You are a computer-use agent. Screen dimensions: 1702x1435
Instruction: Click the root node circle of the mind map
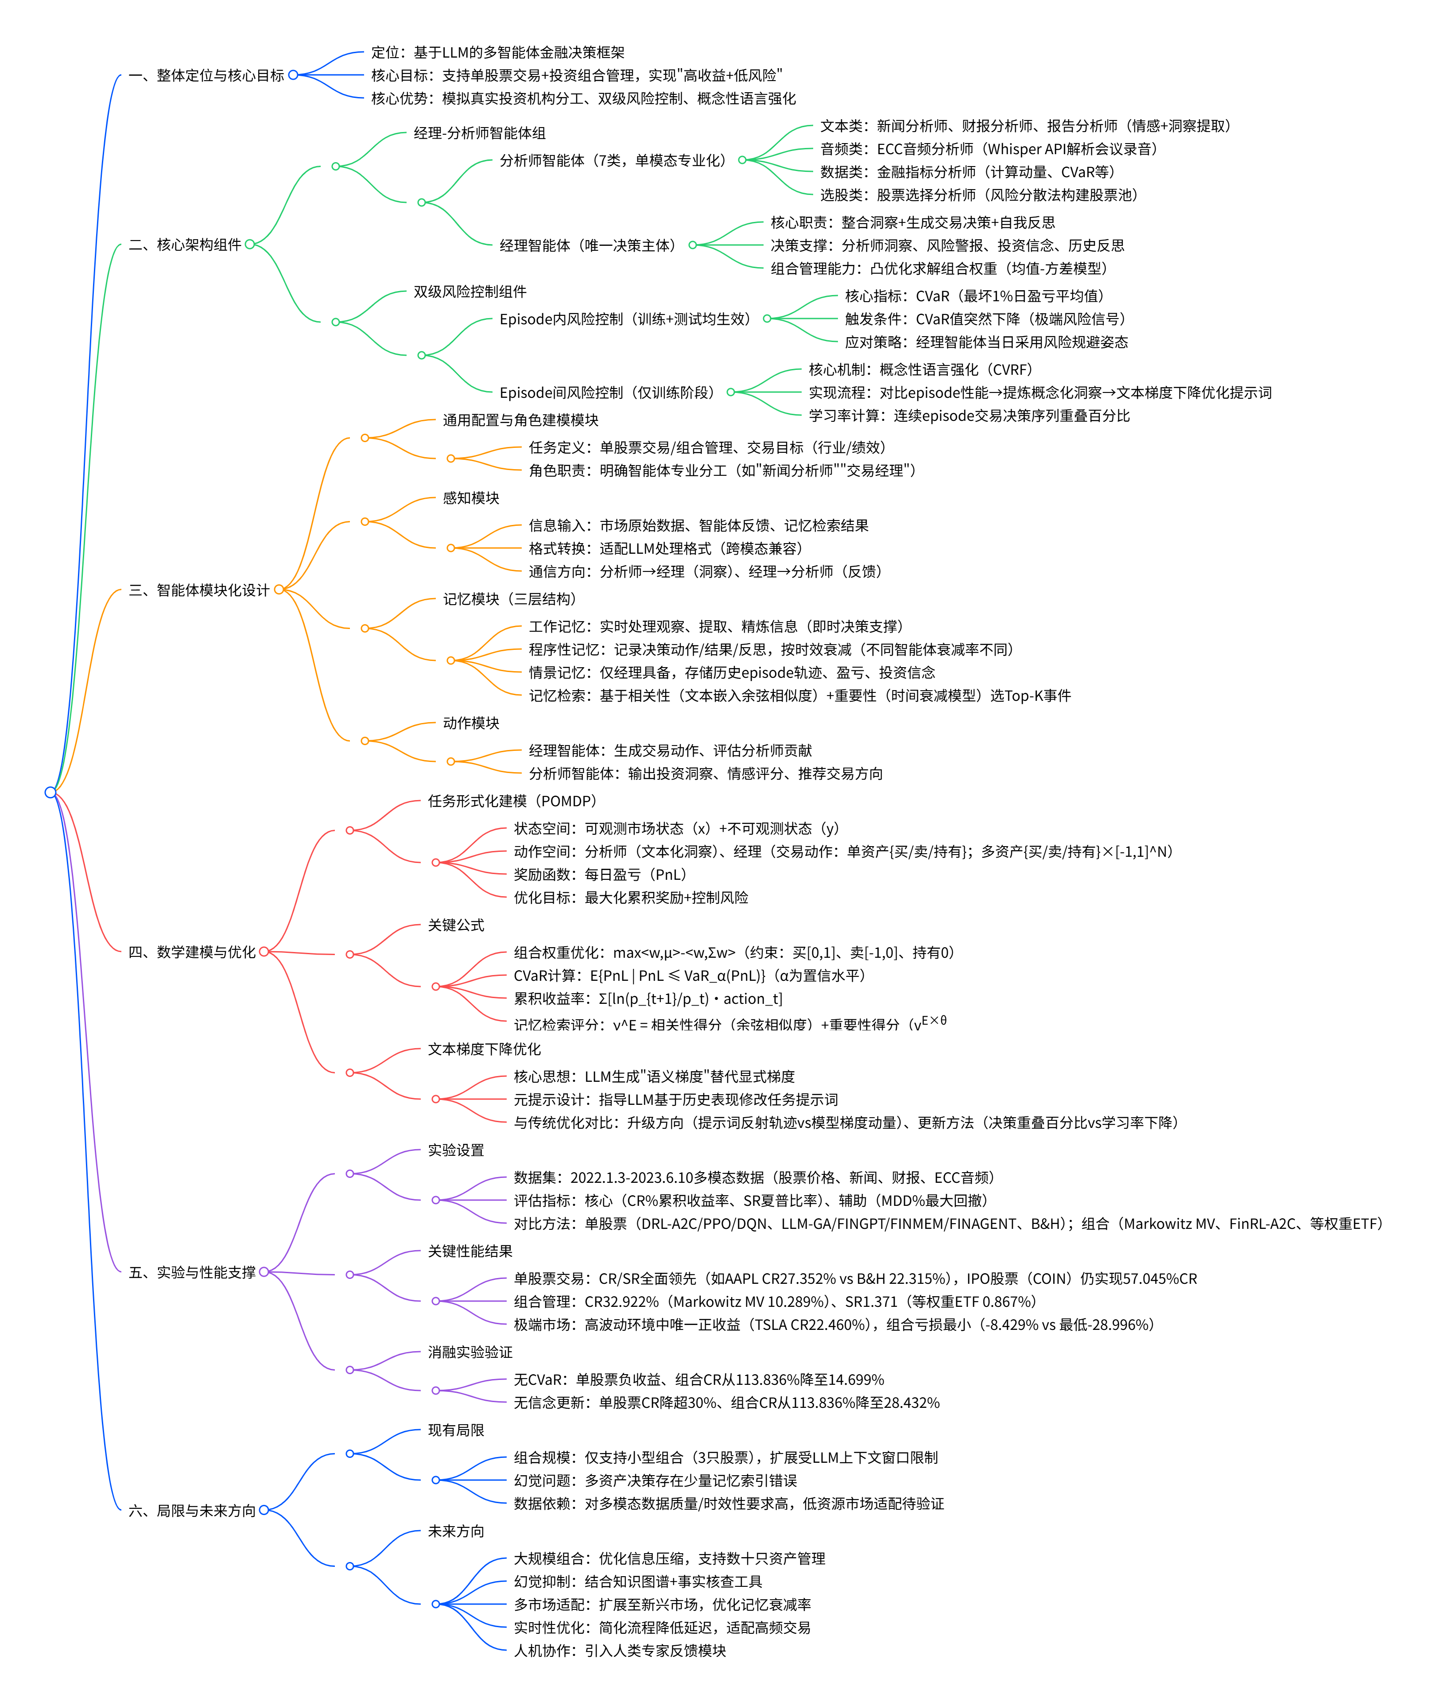pos(50,792)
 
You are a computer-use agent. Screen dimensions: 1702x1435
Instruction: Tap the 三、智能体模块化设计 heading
pos(199,590)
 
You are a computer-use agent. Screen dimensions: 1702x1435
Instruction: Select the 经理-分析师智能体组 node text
pos(480,132)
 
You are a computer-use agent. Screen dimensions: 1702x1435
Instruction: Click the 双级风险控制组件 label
pos(470,291)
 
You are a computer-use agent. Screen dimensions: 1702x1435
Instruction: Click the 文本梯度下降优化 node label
pos(485,1049)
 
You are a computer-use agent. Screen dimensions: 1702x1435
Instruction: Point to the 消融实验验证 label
pos(470,1352)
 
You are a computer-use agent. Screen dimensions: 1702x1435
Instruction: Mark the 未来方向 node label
pos(456,1531)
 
